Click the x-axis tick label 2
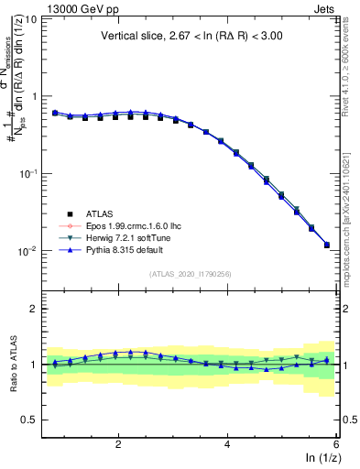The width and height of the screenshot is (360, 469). click(118, 443)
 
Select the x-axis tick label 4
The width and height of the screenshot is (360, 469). click(227, 443)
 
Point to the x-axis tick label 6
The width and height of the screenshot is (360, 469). click(335, 443)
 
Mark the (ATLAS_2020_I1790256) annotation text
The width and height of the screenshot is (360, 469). click(190, 274)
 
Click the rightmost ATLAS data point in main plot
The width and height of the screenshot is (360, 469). click(327, 245)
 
